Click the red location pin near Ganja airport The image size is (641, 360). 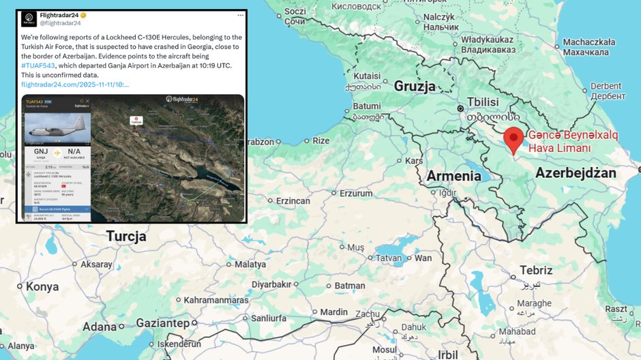click(x=513, y=139)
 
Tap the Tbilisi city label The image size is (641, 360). click(x=482, y=102)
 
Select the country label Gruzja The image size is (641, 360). click(x=415, y=87)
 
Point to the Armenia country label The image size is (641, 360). click(x=453, y=176)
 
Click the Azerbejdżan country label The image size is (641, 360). click(x=576, y=173)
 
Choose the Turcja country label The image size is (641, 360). click(x=126, y=237)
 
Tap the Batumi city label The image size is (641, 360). click(x=366, y=106)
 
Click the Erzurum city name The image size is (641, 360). click(x=356, y=194)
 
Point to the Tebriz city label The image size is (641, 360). click(x=536, y=270)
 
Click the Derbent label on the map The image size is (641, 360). click(x=606, y=87)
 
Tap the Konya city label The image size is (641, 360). click(x=42, y=287)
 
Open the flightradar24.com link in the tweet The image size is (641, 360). click(x=74, y=85)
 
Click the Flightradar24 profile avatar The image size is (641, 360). click(x=30, y=18)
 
